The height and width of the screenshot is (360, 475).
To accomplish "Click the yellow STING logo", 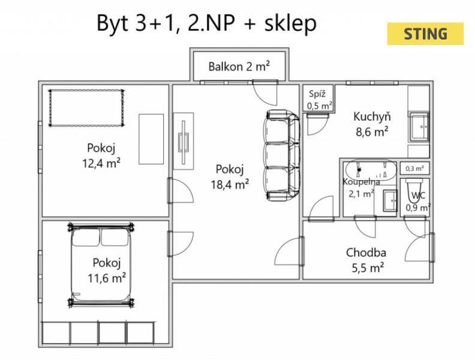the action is [x=425, y=34].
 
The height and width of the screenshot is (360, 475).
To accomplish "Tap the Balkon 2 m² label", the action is [x=239, y=67].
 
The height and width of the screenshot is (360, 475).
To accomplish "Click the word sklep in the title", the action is [x=290, y=24].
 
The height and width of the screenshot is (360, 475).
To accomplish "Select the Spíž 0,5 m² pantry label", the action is [x=319, y=100].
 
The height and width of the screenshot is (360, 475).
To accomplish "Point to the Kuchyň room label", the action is [x=372, y=116].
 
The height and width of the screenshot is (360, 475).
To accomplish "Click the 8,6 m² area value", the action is [x=372, y=132].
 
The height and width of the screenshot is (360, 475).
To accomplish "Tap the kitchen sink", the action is [x=420, y=127].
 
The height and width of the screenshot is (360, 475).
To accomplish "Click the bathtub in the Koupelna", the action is [x=371, y=170].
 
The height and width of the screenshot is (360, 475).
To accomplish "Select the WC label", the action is [x=419, y=196].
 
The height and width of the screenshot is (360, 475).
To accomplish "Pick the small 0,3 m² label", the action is [x=414, y=169].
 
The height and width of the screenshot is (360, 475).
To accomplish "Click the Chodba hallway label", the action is [x=366, y=253].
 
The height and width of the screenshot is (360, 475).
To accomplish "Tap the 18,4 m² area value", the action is [x=230, y=184].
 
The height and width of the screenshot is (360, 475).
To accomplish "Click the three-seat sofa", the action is [x=282, y=155].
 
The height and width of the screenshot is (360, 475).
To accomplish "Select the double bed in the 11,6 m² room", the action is [x=101, y=265].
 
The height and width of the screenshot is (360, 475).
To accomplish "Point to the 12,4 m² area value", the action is [x=101, y=163].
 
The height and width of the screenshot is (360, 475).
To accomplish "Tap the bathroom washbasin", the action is [x=390, y=200].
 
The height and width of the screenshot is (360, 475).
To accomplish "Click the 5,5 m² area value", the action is [x=368, y=268].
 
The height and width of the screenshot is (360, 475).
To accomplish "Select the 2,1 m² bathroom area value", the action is [x=361, y=194].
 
